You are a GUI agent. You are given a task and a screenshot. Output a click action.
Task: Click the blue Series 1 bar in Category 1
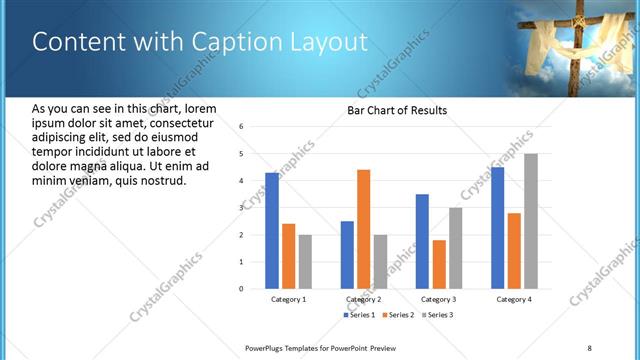[x=272, y=231]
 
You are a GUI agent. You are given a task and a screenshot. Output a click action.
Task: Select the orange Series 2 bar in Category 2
[x=363, y=229]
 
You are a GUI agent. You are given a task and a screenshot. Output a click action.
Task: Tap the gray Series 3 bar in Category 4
[x=530, y=221]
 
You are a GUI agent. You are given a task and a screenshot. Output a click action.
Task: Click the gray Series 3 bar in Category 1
[x=305, y=262]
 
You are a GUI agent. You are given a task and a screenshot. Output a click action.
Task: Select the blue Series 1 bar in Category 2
[x=347, y=255]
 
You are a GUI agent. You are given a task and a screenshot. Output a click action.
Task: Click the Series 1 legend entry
[x=359, y=315]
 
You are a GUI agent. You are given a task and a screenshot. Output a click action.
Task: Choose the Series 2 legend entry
[x=397, y=315]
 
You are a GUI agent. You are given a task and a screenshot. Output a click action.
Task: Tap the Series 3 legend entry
[x=435, y=315]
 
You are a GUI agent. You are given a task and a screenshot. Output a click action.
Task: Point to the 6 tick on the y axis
[x=242, y=127]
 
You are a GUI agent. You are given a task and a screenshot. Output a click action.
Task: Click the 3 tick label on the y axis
[x=242, y=208]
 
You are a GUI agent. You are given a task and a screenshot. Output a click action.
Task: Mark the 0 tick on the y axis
[x=242, y=289]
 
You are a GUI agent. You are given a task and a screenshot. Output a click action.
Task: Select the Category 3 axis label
[x=438, y=299]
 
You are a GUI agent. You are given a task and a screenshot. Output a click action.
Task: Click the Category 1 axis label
[x=289, y=299]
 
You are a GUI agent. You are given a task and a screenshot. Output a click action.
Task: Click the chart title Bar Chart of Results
[x=397, y=110]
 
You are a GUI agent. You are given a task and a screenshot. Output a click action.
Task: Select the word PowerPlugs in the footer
[x=267, y=347]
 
